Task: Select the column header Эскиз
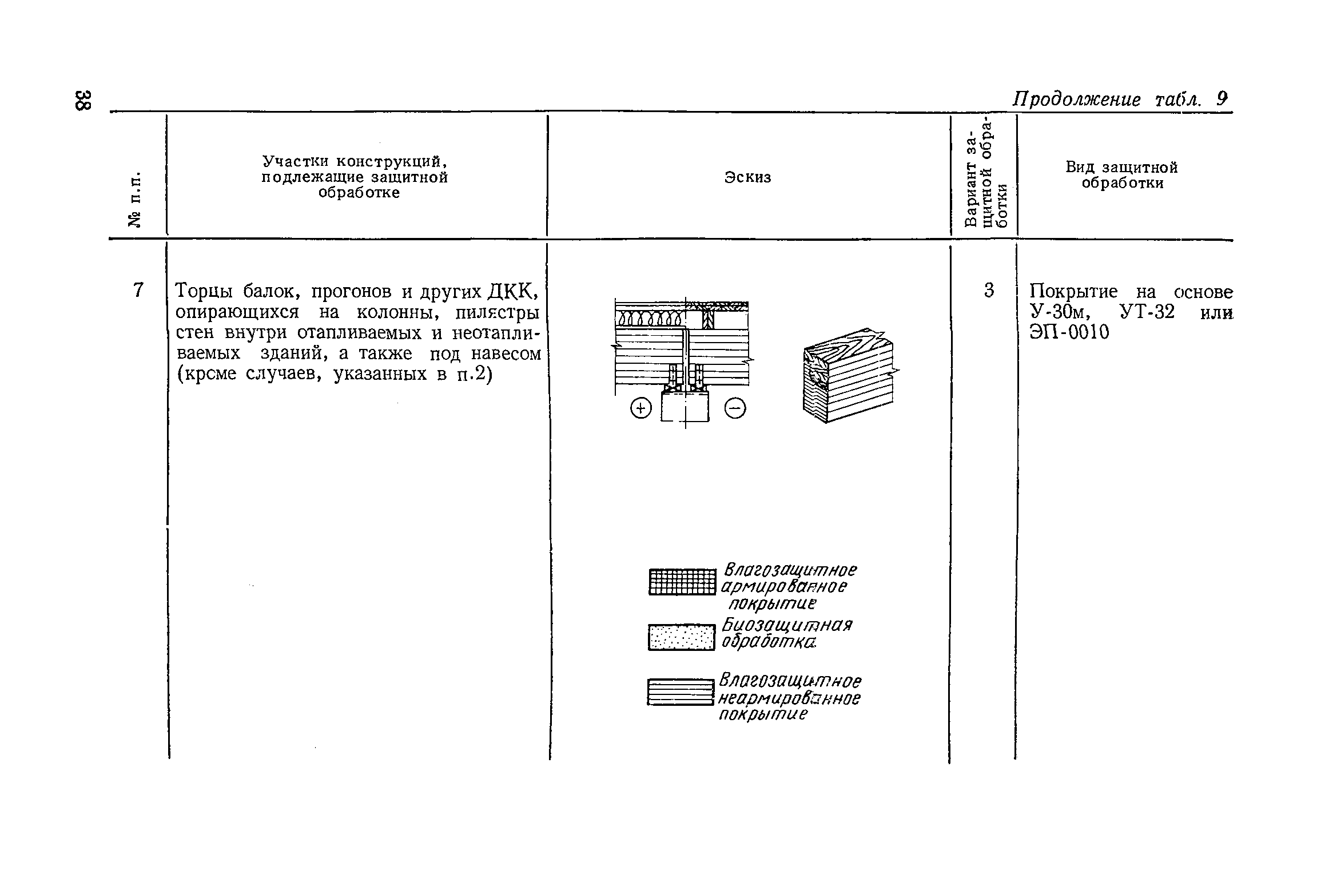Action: click(748, 177)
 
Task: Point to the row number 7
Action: click(138, 291)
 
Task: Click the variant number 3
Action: click(989, 291)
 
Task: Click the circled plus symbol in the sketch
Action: click(640, 408)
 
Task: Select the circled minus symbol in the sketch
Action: click(735, 408)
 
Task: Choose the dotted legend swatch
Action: click(682, 637)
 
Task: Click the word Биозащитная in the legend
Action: click(787, 625)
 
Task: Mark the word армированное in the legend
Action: click(784, 587)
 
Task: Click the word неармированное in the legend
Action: click(789, 699)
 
